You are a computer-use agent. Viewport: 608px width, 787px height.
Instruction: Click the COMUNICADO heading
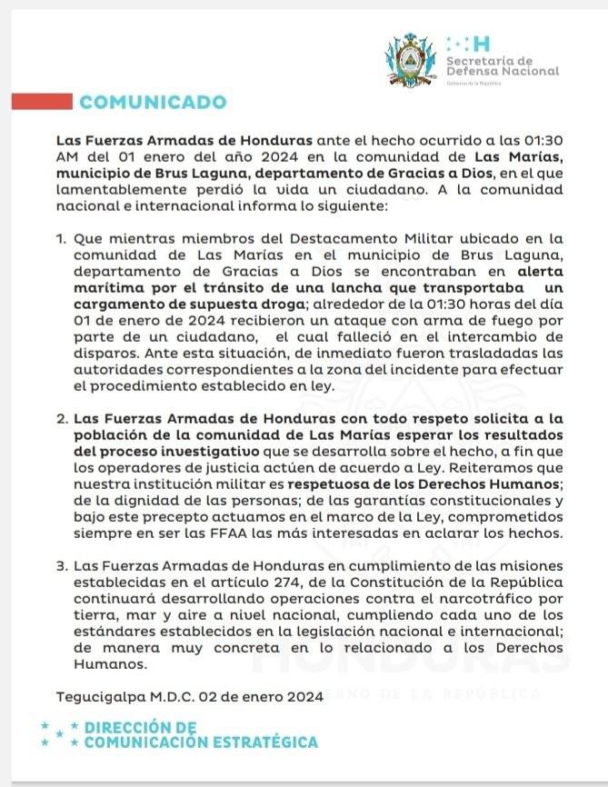153,102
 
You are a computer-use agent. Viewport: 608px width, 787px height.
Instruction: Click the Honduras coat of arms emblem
412,60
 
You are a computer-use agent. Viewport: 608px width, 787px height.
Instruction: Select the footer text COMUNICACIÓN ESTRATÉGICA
201,742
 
